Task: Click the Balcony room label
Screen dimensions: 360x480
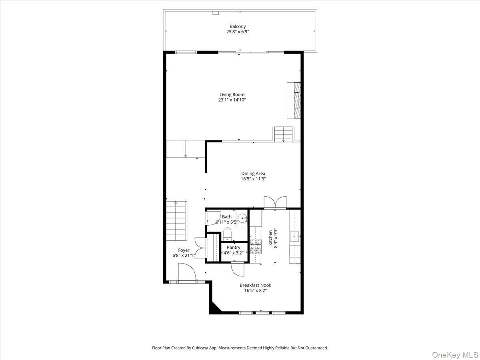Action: tap(238, 26)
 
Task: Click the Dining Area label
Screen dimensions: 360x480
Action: tap(253, 174)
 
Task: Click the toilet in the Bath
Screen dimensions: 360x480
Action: tap(227, 234)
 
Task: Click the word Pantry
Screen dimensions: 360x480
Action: tap(234, 248)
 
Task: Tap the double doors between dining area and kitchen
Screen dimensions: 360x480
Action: tap(275, 202)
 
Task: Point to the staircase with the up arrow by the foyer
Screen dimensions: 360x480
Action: tap(176, 221)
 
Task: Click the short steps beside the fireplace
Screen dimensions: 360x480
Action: tap(283, 134)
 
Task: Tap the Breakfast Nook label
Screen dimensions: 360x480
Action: tap(255, 285)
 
